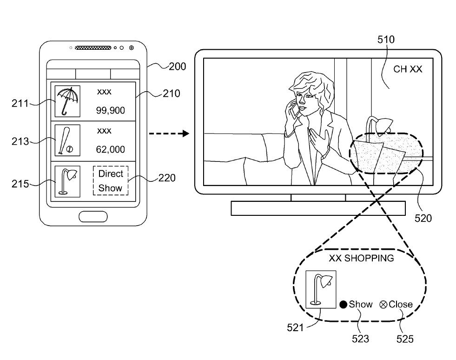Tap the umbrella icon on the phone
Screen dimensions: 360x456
(67, 100)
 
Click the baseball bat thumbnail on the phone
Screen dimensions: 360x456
(67, 140)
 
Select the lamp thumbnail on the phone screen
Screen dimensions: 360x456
(67, 181)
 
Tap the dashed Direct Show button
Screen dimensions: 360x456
(110, 181)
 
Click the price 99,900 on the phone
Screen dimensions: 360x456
(111, 110)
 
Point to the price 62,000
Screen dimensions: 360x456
(111, 149)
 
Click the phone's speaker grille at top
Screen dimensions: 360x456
(93, 47)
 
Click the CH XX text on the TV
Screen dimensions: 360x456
(408, 69)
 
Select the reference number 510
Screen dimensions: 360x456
(386, 40)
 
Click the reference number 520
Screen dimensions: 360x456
(423, 218)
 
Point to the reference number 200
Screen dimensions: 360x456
(177, 67)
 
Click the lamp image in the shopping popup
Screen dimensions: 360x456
(321, 290)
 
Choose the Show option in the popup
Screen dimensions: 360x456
(357, 304)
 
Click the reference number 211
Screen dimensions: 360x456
(20, 103)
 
